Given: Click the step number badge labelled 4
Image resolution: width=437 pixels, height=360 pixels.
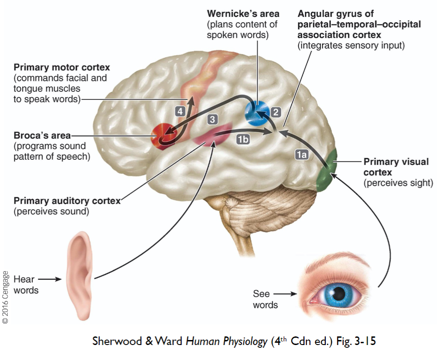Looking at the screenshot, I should coord(180,110).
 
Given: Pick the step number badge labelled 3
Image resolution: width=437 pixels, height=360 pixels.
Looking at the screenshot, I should coord(212,119).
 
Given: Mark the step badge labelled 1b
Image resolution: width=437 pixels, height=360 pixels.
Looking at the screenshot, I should coord(243,140).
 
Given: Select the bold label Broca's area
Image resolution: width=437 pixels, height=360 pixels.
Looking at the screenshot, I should coord(42,135).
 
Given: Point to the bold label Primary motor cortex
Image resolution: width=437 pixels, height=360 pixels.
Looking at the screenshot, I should coord(62,68).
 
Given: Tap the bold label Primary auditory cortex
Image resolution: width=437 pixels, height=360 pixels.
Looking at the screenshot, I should coord(67,201).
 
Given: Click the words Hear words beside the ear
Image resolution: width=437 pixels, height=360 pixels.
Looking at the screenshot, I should coord(26,285).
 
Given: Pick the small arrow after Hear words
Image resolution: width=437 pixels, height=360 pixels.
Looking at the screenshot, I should coord(49,279).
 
